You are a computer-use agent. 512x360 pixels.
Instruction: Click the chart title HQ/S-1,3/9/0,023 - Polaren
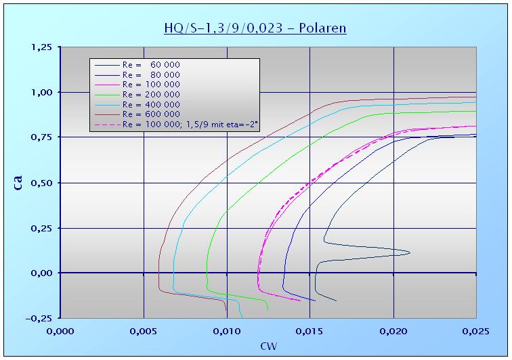[x=255, y=28]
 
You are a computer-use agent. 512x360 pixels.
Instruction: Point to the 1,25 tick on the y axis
[x=42, y=47]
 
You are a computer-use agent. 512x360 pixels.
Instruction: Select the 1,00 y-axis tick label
[x=42, y=92]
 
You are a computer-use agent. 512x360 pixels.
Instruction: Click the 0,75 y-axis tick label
[x=42, y=137]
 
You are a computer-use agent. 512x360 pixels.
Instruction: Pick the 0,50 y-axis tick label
[x=42, y=183]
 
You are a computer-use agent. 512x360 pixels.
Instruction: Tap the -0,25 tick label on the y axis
[x=40, y=318]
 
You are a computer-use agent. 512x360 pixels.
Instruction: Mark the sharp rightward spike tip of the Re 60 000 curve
[x=410, y=253]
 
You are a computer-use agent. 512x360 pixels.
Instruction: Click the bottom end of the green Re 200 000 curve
[x=268, y=310]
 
